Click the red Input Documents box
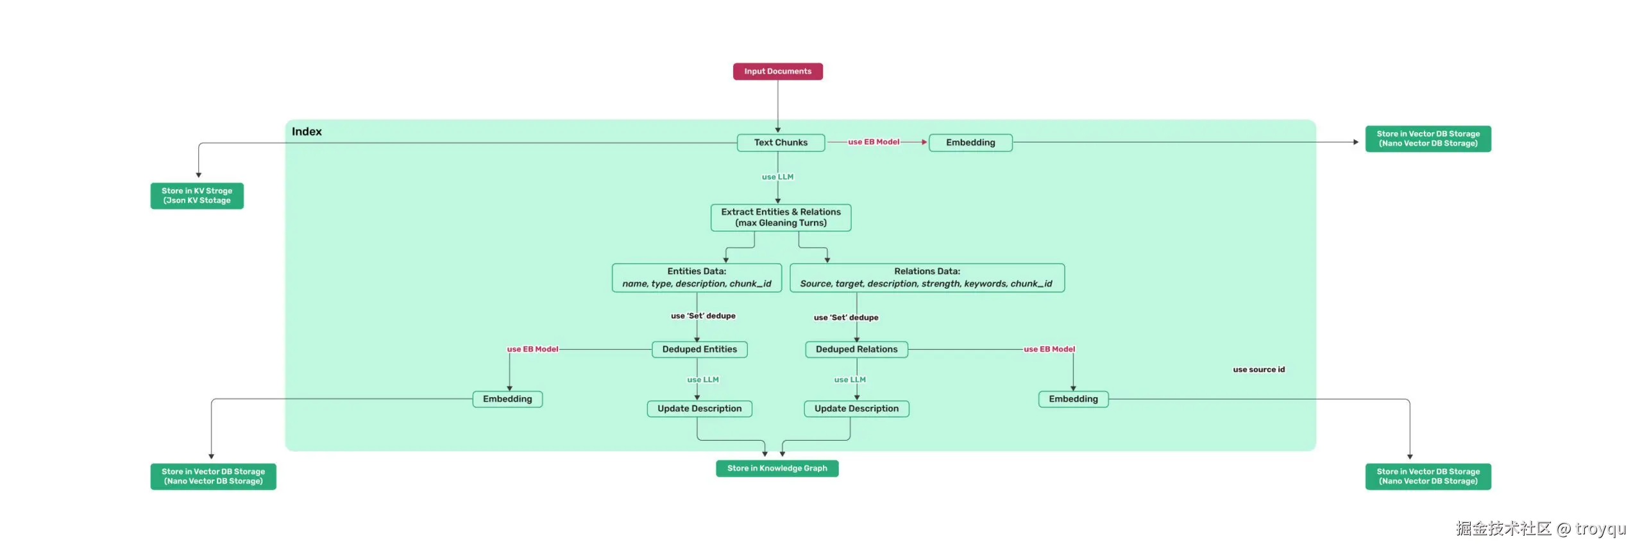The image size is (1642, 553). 777,71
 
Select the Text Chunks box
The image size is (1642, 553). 781,142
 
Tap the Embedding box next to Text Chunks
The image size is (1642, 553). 970,142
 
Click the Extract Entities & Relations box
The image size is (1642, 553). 781,217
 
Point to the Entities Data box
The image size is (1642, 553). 697,278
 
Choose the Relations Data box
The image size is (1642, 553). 927,278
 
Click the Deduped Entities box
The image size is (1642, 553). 699,349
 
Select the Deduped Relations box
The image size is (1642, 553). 856,349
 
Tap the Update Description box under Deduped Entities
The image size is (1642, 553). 699,409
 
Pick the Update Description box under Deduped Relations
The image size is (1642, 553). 856,409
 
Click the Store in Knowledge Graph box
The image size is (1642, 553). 777,468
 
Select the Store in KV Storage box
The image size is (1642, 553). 197,196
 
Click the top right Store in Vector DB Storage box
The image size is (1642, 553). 1428,139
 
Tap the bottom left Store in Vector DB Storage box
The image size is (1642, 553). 213,476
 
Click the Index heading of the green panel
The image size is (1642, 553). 307,132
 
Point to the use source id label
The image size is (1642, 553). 1258,370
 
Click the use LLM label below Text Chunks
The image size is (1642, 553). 777,177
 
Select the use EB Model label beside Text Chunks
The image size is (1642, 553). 874,142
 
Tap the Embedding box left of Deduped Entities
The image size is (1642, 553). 507,399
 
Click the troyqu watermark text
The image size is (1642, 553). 1600,529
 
